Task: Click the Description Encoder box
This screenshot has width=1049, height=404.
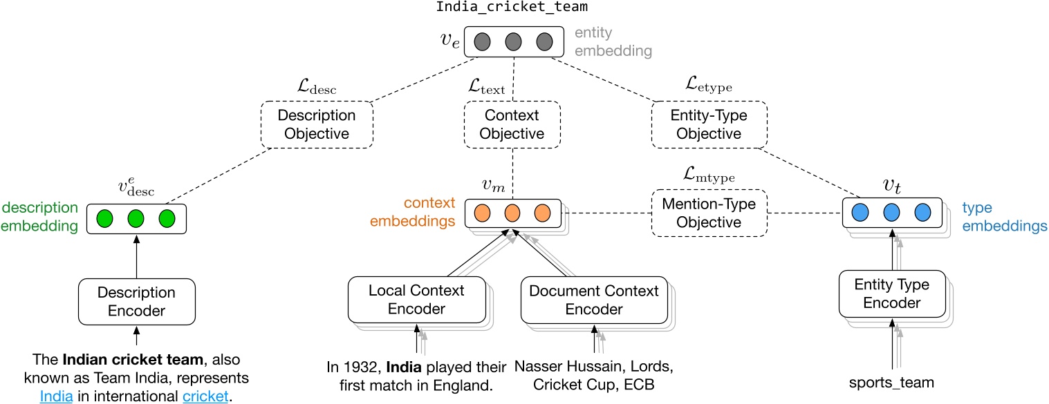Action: tap(136, 302)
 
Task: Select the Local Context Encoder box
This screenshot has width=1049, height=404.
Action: tap(417, 299)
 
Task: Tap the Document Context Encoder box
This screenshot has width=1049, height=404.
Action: tap(593, 300)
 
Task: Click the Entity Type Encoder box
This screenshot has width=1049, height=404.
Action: tap(892, 294)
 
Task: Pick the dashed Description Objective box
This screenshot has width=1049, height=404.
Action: tap(317, 124)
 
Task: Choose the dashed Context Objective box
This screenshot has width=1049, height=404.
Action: tap(512, 125)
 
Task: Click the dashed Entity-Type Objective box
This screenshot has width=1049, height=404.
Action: tap(709, 124)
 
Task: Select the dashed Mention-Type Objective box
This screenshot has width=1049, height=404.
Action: tap(709, 213)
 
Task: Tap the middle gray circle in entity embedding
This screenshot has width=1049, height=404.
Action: tap(513, 41)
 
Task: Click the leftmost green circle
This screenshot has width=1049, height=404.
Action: tap(105, 218)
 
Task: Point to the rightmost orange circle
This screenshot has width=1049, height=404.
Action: tap(541, 212)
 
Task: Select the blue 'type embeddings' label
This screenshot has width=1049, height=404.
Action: tap(1005, 216)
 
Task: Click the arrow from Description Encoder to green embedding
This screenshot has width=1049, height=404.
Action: tap(136, 257)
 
